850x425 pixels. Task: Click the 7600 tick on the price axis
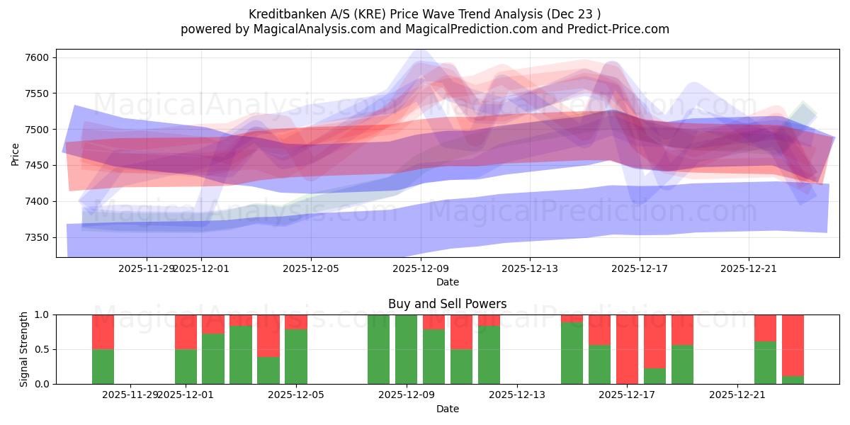38,57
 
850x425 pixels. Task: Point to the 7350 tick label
38,237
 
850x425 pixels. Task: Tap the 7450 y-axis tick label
38,165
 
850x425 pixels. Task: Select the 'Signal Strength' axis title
24,349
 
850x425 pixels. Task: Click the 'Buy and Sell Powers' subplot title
447,304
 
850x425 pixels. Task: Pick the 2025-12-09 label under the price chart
421,268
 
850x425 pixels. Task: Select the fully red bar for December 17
627,349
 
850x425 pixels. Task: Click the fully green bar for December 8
378,349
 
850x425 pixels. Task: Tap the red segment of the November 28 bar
103,331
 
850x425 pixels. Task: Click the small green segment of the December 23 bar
793,380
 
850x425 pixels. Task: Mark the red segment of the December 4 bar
268,336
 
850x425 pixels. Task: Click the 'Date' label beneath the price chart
447,282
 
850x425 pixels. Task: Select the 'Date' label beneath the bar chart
447,409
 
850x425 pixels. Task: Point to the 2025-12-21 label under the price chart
749,268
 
